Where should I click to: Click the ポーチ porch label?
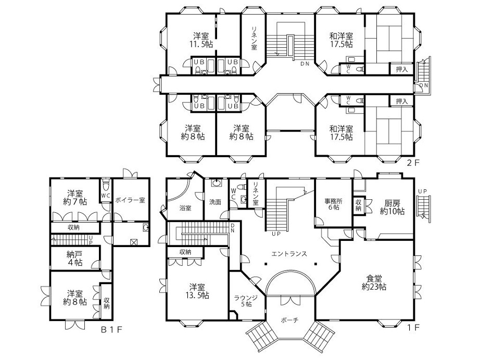click(x=288, y=320)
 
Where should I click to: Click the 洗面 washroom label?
click(x=216, y=201)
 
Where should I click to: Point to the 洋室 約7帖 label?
click(x=77, y=196)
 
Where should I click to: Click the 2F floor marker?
click(x=413, y=162)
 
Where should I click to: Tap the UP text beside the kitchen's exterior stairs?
click(x=422, y=192)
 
